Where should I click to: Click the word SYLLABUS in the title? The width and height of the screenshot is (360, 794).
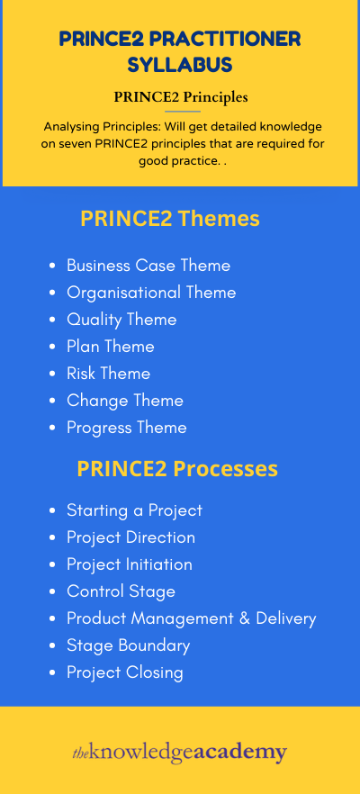[x=180, y=64]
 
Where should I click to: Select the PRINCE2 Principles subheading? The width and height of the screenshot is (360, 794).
[x=181, y=96]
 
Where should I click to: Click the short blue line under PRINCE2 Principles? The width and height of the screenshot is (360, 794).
[x=183, y=111]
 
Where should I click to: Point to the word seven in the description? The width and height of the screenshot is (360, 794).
[x=73, y=143]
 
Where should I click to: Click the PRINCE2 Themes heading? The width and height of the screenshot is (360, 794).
[x=169, y=219]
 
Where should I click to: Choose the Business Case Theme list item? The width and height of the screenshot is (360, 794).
[x=148, y=266]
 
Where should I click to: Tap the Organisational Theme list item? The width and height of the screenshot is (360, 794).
[x=151, y=293]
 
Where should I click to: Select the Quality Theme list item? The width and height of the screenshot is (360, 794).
[x=121, y=320]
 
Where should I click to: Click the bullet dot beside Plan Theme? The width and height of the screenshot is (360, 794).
[x=52, y=347]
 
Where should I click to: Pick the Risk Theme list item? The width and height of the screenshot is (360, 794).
[x=108, y=374]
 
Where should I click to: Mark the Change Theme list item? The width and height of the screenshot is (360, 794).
[x=125, y=401]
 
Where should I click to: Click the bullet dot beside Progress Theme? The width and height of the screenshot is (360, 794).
[x=52, y=428]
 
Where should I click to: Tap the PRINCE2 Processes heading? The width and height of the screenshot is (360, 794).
[x=177, y=468]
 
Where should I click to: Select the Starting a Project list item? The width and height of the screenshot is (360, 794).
[x=135, y=510]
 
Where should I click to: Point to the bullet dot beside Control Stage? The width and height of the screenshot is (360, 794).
[x=52, y=591]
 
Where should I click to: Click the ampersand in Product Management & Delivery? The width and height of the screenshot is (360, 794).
[x=245, y=618]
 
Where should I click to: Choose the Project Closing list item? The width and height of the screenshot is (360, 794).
[x=125, y=672]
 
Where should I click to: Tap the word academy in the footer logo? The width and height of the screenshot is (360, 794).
[x=240, y=753]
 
